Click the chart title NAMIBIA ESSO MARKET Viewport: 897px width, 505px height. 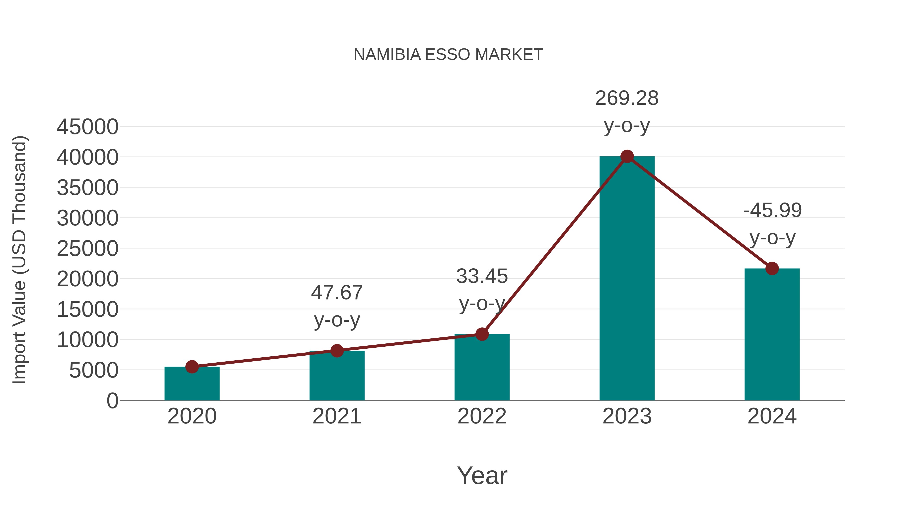coord(448,55)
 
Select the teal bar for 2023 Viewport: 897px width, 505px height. coord(627,279)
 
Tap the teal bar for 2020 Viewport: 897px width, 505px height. coord(192,383)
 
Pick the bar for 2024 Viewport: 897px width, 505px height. coord(772,335)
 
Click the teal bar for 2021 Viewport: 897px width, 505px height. coord(337,376)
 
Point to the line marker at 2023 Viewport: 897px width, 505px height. coord(627,156)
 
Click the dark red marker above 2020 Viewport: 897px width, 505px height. coord(192,367)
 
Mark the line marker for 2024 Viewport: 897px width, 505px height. coord(772,268)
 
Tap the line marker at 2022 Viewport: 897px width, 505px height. coord(482,334)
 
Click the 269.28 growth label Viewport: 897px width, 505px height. coord(627,98)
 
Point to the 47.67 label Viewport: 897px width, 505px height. coord(337,293)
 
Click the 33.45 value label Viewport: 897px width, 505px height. coord(482,276)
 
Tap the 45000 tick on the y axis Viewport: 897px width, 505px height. coord(87,127)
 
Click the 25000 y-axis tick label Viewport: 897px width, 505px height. coord(87,249)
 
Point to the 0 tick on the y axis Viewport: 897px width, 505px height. coord(112,401)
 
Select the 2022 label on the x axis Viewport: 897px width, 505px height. coord(482,416)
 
